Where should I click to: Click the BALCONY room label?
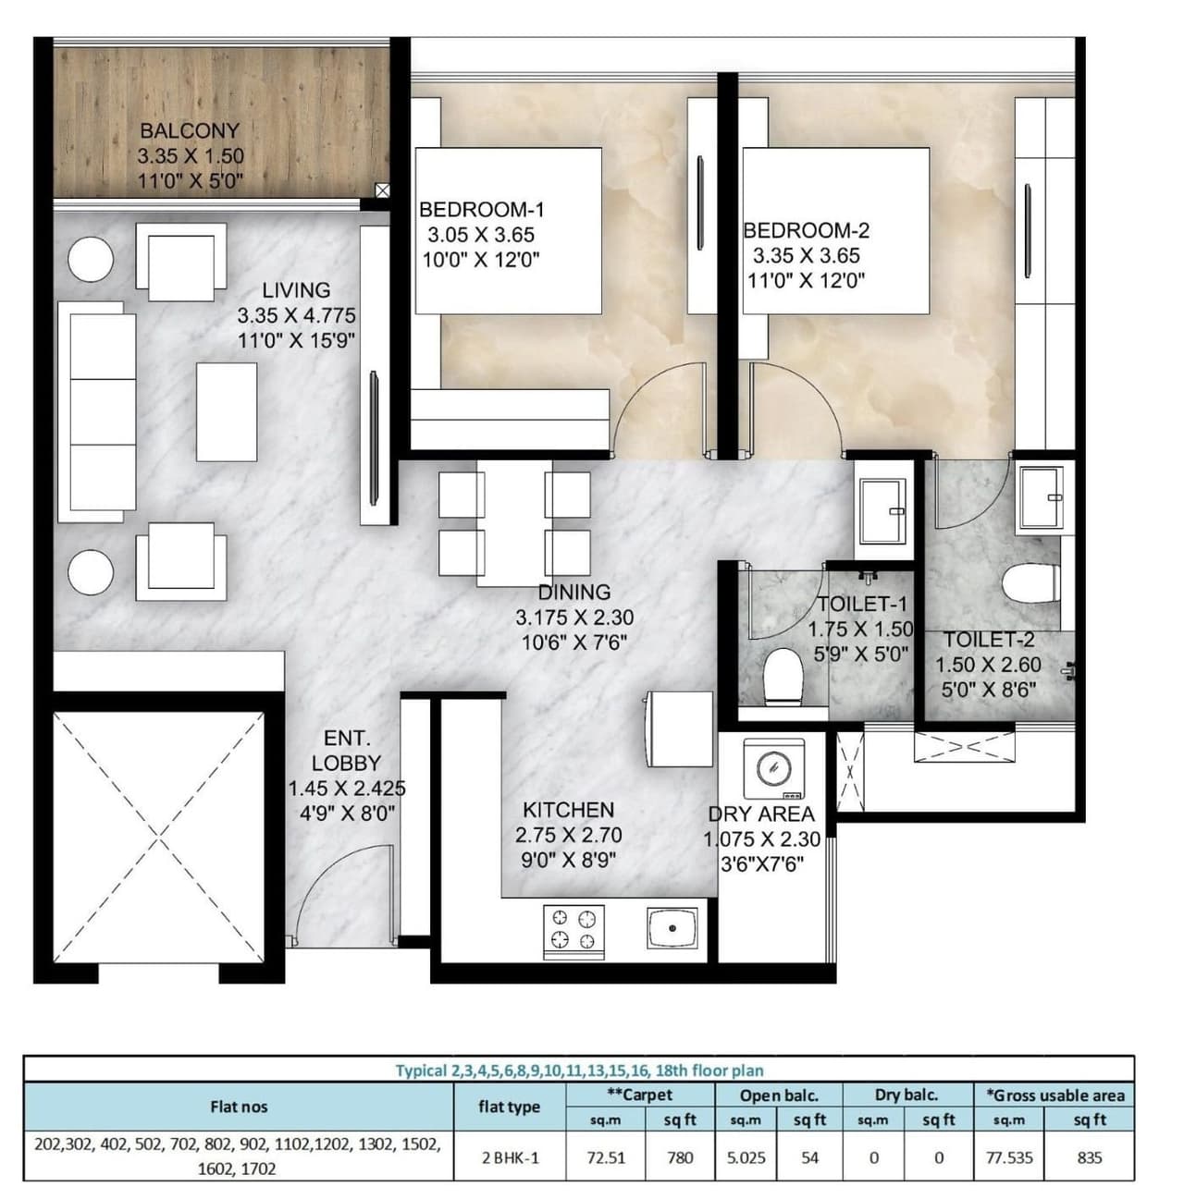[190, 131]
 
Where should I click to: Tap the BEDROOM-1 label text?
[481, 210]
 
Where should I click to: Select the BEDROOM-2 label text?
[806, 231]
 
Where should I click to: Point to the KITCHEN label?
[568, 810]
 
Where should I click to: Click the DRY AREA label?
[761, 814]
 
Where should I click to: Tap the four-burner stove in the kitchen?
[573, 929]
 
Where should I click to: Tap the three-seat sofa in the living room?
[96, 410]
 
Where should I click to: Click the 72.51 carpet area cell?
[606, 1157]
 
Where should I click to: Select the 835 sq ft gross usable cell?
[1090, 1157]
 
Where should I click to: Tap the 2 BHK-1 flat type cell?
[509, 1157]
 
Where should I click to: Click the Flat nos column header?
[239, 1107]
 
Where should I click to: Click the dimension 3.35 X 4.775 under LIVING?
[296, 316]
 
